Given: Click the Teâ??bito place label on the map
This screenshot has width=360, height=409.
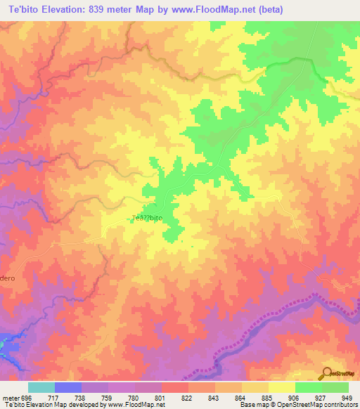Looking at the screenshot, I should pyautogui.click(x=148, y=219).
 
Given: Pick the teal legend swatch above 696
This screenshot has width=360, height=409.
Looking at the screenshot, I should pyautogui.click(x=41, y=387).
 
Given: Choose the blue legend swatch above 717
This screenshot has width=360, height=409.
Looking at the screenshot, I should pyautogui.click(x=68, y=387).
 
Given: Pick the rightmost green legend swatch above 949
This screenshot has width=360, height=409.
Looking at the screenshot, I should pyautogui.click(x=335, y=387).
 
